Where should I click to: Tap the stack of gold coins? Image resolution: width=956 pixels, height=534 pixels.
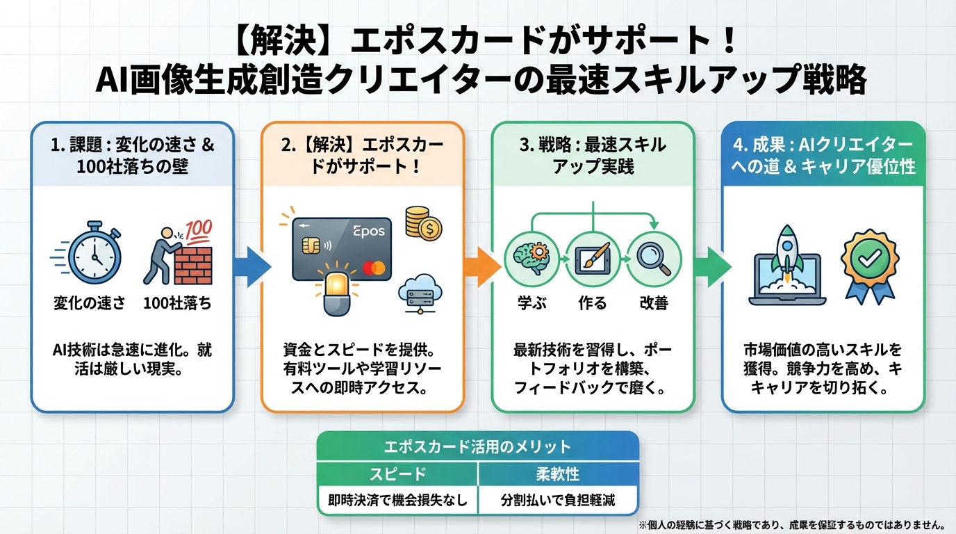421,222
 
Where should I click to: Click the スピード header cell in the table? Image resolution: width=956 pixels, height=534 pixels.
397,474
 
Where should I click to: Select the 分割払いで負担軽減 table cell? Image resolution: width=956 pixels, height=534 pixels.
558,500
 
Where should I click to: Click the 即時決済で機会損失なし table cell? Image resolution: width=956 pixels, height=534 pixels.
397,500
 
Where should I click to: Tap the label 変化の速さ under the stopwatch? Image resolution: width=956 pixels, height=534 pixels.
89,304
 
